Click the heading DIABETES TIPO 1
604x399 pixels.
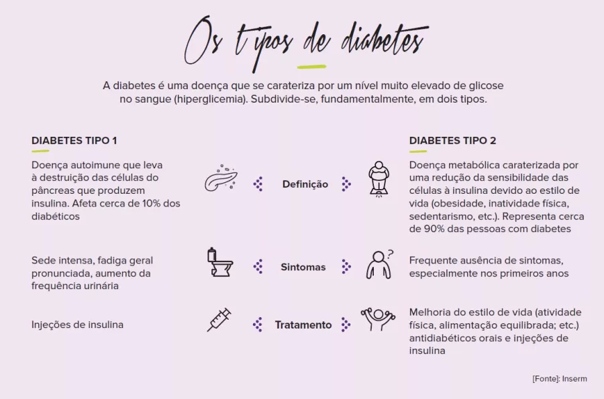pyautogui.click(x=74, y=140)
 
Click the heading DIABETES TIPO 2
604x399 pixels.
pyautogui.click(x=452, y=140)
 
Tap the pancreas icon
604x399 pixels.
pyautogui.click(x=221, y=178)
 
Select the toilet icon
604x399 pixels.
pyautogui.click(x=220, y=262)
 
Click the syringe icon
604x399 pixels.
pyautogui.click(x=219, y=320)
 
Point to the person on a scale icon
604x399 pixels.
pyautogui.click(x=379, y=179)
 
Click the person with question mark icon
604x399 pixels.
pyautogui.click(x=379, y=264)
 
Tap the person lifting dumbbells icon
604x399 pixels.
pyautogui.click(x=378, y=319)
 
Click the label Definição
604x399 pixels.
pyautogui.click(x=305, y=184)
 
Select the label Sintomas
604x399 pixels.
pyautogui.click(x=303, y=267)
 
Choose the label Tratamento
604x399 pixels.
pyautogui.click(x=303, y=325)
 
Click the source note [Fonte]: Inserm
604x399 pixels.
pyautogui.click(x=560, y=379)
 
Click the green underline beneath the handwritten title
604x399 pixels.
pyautogui.click(x=311, y=66)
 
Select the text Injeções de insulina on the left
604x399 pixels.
pyautogui.click(x=77, y=325)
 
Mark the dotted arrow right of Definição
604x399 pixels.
pyautogui.click(x=346, y=184)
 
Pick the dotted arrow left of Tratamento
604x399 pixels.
pyautogui.click(x=258, y=325)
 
